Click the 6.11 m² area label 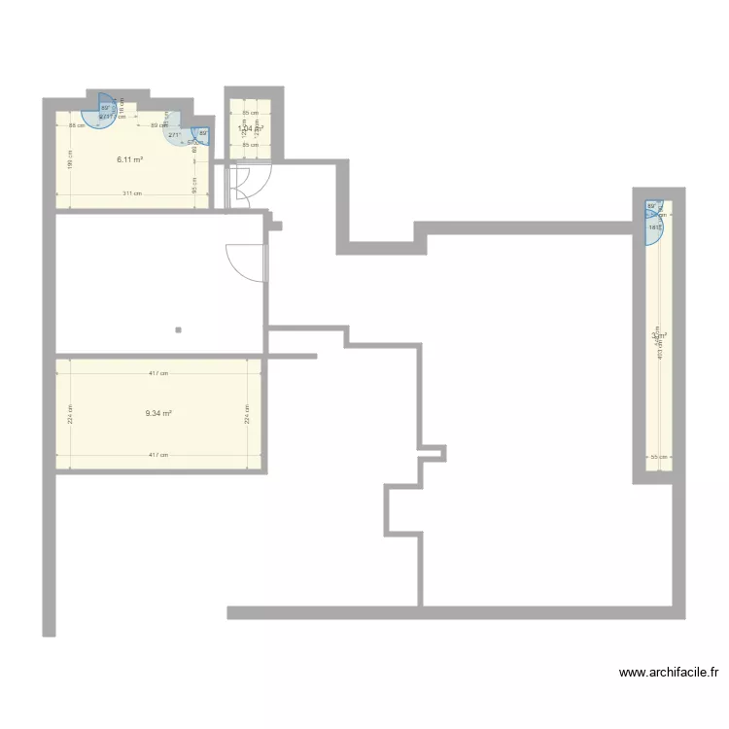(130, 159)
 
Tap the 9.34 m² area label (158, 413)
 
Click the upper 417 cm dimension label (158, 373)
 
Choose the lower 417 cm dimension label (158, 455)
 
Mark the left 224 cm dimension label (71, 414)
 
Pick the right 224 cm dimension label (246, 414)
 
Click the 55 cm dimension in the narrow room (656, 457)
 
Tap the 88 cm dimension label (72, 125)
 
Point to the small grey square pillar (179, 330)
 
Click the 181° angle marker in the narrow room (654, 227)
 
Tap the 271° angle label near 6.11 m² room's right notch (174, 135)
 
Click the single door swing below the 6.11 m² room (245, 262)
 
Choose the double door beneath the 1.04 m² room (240, 186)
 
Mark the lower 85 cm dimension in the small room (251, 145)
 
